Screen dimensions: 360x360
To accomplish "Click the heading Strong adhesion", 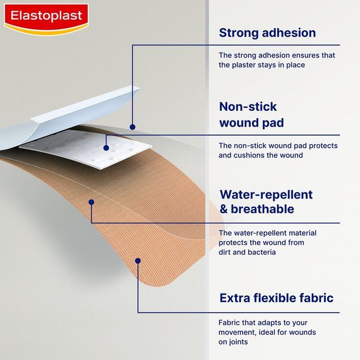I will click(267, 33).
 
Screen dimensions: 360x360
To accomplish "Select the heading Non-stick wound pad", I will click(251, 114).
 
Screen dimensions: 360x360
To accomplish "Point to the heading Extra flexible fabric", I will click(276, 298).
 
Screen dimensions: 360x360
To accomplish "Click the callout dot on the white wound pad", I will click(106, 148).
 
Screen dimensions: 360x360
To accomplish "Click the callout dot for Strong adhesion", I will click(133, 127).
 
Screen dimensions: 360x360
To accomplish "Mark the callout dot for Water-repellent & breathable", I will click(91, 201).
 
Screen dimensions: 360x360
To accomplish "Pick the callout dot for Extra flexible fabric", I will click(138, 260).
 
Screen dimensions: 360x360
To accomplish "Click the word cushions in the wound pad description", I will click(248, 155).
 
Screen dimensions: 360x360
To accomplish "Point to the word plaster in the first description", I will click(245, 65).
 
